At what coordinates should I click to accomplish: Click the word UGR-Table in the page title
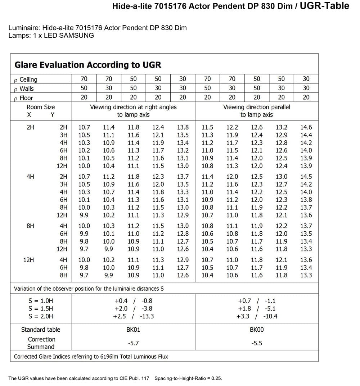coord(324,6)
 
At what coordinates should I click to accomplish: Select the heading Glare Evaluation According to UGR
coord(87,65)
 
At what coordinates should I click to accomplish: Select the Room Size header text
coord(41,107)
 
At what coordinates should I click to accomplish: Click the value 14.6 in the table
coord(306,127)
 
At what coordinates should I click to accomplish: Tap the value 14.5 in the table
coord(306,177)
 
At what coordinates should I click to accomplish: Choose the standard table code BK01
coord(133,330)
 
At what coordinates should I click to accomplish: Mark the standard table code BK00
coord(257,330)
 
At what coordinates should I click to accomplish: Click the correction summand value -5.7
coord(133,343)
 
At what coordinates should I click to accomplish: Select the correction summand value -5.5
coord(257,343)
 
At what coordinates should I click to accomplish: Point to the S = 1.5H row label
coord(41,309)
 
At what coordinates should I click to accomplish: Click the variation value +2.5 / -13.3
coord(133,317)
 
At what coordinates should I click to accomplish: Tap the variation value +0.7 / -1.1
coord(257,301)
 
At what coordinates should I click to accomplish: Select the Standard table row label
coord(41,330)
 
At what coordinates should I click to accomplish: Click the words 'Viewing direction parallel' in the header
coord(257,107)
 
